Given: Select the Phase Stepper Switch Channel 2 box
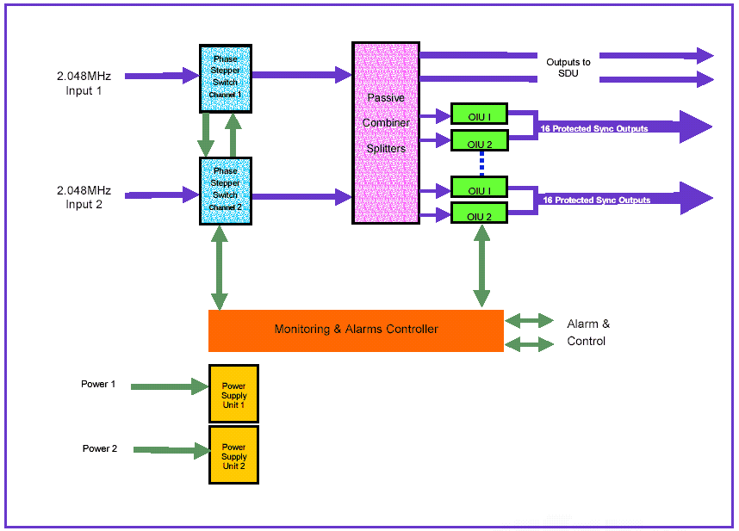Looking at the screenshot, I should (225, 190).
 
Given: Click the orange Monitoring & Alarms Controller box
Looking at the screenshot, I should (356, 330).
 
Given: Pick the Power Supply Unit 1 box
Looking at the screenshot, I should (233, 393).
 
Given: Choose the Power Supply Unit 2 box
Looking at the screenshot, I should (233, 454).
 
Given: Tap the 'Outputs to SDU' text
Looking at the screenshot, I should (568, 68).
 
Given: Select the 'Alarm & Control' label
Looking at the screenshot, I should (588, 332).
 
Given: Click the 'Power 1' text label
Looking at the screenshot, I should (98, 384).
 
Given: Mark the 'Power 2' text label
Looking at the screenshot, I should (100, 448).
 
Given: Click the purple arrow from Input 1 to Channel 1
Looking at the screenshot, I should (162, 77).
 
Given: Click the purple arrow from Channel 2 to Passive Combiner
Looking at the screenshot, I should (301, 197).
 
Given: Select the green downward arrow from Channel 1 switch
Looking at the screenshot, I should (206, 134).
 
